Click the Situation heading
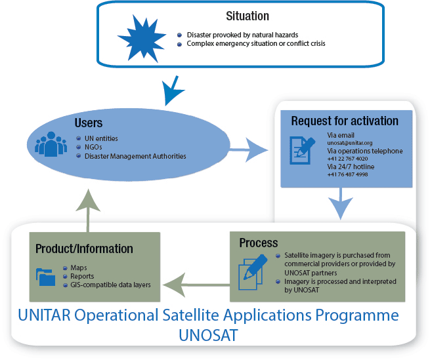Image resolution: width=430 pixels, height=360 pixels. (x=247, y=16)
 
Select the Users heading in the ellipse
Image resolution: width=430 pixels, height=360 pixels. (x=89, y=123)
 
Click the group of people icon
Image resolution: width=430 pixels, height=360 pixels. (x=51, y=144)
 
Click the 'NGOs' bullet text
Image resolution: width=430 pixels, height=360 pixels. (x=94, y=148)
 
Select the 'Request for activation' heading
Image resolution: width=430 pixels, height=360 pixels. (x=345, y=121)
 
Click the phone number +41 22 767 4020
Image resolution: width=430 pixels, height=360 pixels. (x=347, y=159)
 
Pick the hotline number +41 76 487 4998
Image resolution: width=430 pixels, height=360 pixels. (x=347, y=174)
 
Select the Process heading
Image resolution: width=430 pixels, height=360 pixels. (x=259, y=243)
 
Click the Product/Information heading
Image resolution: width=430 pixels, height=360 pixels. (x=84, y=249)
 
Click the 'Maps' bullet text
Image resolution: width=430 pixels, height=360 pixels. (x=79, y=268)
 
